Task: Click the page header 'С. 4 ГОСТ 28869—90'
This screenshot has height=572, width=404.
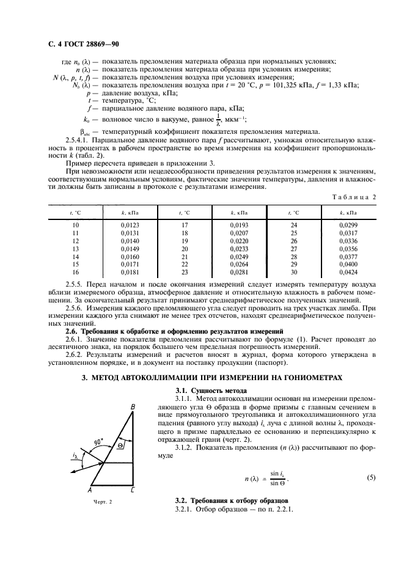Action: point(81,44)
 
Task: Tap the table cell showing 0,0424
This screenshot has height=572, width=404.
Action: point(348,273)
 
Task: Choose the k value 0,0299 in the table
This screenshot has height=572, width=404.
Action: point(348,226)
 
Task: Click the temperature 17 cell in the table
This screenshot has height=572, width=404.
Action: point(185,226)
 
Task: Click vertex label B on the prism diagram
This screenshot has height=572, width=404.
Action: point(133,407)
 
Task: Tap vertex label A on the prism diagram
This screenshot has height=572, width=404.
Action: point(90,490)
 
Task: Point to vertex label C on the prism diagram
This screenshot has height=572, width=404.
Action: point(133,490)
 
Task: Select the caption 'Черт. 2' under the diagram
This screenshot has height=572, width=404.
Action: point(104,502)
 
